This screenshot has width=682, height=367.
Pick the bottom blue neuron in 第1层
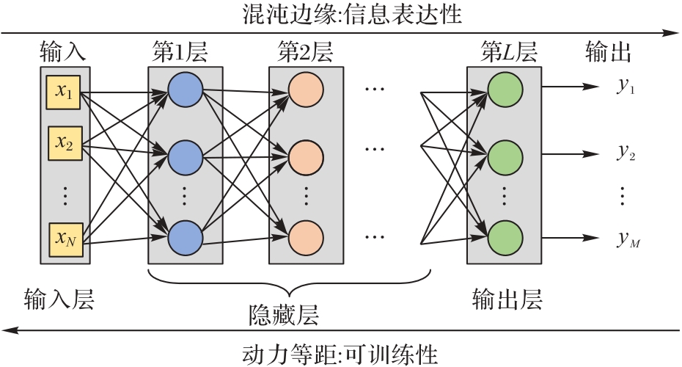point(185,237)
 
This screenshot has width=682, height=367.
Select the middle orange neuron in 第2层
point(305,156)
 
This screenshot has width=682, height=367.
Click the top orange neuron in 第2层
point(305,89)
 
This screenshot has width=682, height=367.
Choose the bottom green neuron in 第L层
point(505,237)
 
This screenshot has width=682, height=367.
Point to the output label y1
point(626,86)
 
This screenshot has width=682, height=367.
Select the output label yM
point(627,239)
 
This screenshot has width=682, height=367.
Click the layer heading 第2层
point(305,53)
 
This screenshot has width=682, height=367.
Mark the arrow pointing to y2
point(572,154)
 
